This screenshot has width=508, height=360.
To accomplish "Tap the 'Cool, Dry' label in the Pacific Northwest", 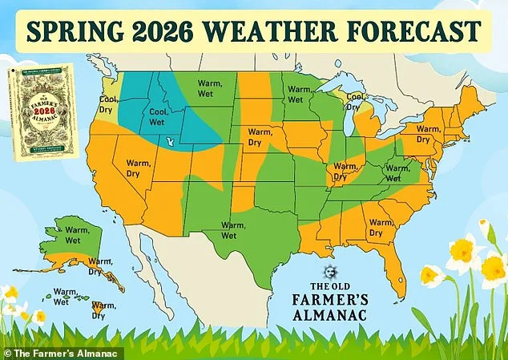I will tap(108, 103).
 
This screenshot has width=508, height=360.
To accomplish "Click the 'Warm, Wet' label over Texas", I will tap(233, 231).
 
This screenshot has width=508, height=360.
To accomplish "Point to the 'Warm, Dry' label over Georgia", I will tap(381, 228).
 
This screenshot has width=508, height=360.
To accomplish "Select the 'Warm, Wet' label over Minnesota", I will tap(298, 94).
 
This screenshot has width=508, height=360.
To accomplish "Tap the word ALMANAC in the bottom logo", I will tap(330, 315).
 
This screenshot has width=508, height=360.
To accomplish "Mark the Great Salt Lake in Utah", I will tap(168, 142).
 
